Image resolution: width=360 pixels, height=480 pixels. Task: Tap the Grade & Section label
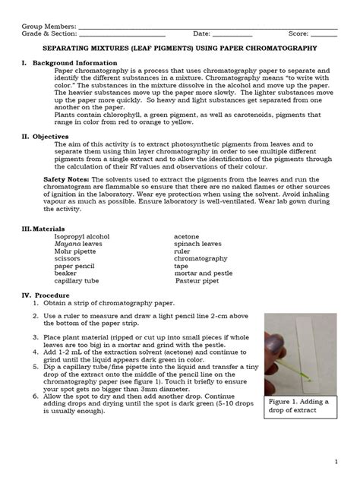46,33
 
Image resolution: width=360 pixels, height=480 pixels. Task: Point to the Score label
298,33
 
